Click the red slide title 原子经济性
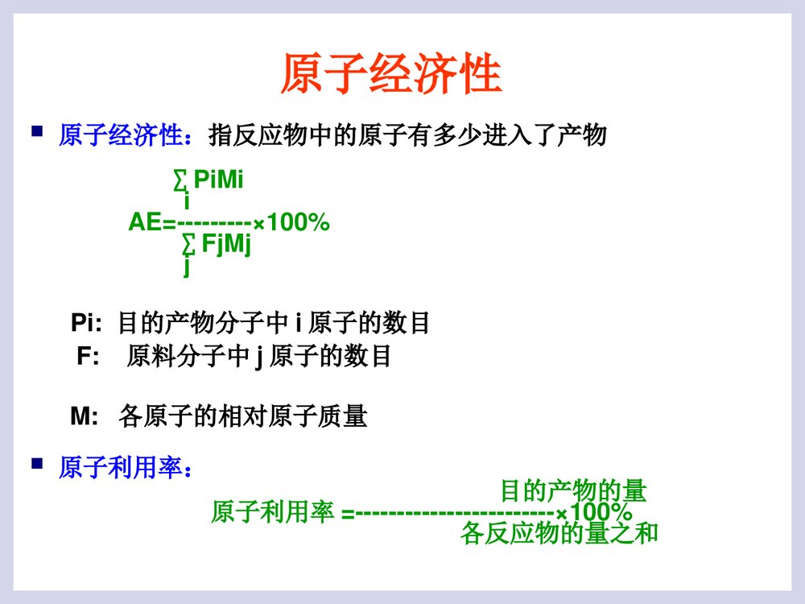tap(391, 76)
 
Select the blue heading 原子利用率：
tap(126, 467)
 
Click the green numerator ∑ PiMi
tap(208, 181)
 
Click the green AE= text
tap(152, 223)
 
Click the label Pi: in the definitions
tap(86, 324)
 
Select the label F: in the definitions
tap(88, 356)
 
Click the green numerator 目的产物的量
tap(573, 490)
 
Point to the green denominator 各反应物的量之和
tap(559, 532)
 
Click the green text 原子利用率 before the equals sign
tap(272, 512)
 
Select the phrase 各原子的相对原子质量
tap(242, 416)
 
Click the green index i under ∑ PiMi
tap(187, 201)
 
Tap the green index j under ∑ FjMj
tap(187, 265)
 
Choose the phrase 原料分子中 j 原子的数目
tap(258, 356)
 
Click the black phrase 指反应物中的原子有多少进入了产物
tap(407, 134)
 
